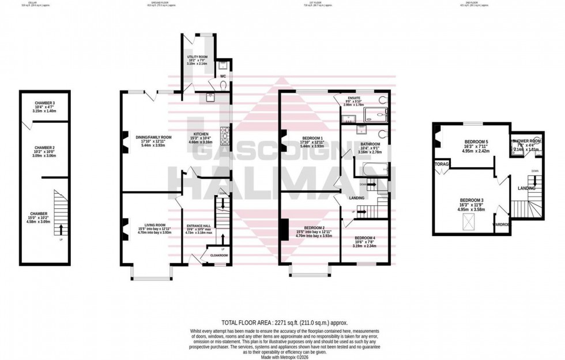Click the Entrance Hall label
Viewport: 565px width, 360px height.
point(198,226)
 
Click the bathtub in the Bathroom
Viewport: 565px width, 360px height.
point(372,169)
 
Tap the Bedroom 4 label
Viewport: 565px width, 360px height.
point(364,238)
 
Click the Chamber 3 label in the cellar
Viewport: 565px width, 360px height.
point(44,103)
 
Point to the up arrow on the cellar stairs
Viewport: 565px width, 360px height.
point(61,228)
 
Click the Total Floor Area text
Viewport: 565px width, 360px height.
point(285,323)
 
